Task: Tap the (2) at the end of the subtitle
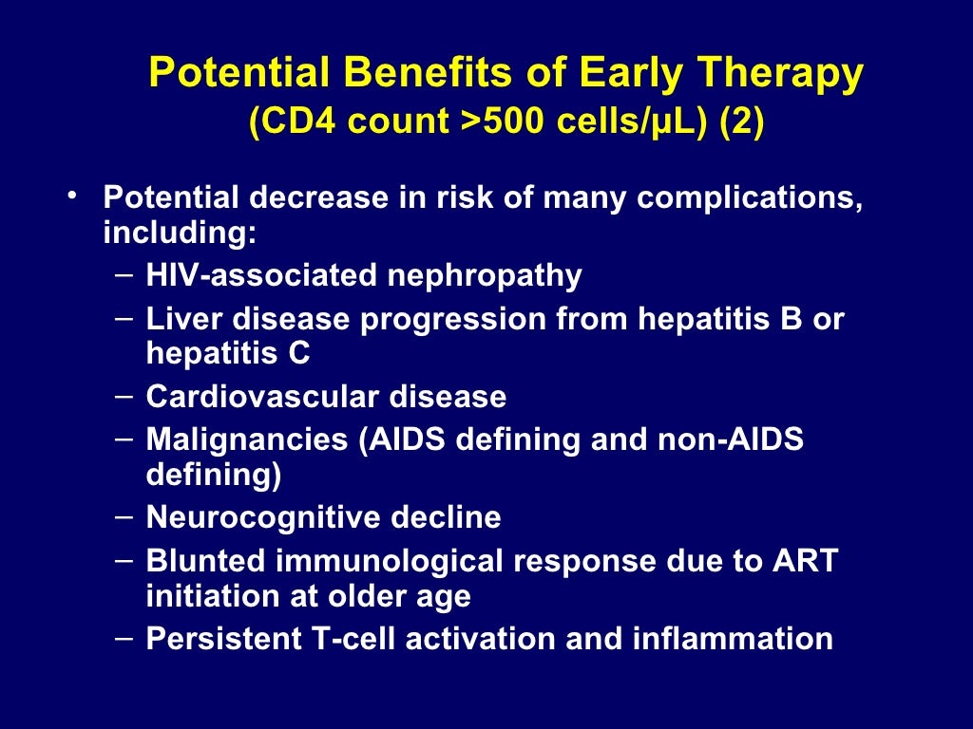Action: [741, 124]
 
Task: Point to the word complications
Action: [750, 198]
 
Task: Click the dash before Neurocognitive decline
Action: [123, 517]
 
